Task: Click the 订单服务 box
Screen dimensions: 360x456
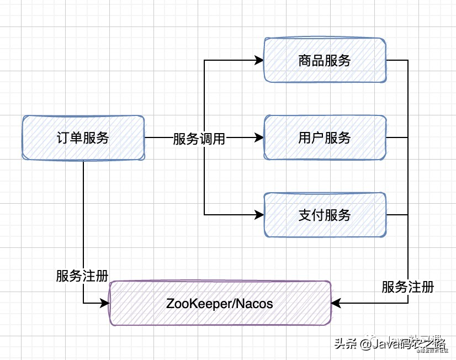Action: [x=83, y=138]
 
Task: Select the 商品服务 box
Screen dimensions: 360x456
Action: [x=325, y=60]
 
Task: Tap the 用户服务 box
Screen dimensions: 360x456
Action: [x=325, y=138]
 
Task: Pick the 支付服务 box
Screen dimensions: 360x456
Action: [x=325, y=215]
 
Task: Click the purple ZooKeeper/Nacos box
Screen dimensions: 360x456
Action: [x=220, y=303]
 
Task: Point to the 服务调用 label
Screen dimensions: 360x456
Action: [x=199, y=139]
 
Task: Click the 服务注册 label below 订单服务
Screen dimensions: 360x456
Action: [x=82, y=276]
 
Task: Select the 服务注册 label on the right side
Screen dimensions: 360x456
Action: [x=407, y=287]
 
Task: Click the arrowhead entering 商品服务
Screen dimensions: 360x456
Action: [x=259, y=60]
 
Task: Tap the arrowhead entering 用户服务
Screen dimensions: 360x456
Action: [x=259, y=138]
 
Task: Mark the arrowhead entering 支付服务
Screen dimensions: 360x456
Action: [x=259, y=215]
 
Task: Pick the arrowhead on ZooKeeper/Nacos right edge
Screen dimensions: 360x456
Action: [x=337, y=303]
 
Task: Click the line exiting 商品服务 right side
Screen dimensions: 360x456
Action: [x=397, y=60]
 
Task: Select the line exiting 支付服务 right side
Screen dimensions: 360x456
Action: [x=397, y=215]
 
